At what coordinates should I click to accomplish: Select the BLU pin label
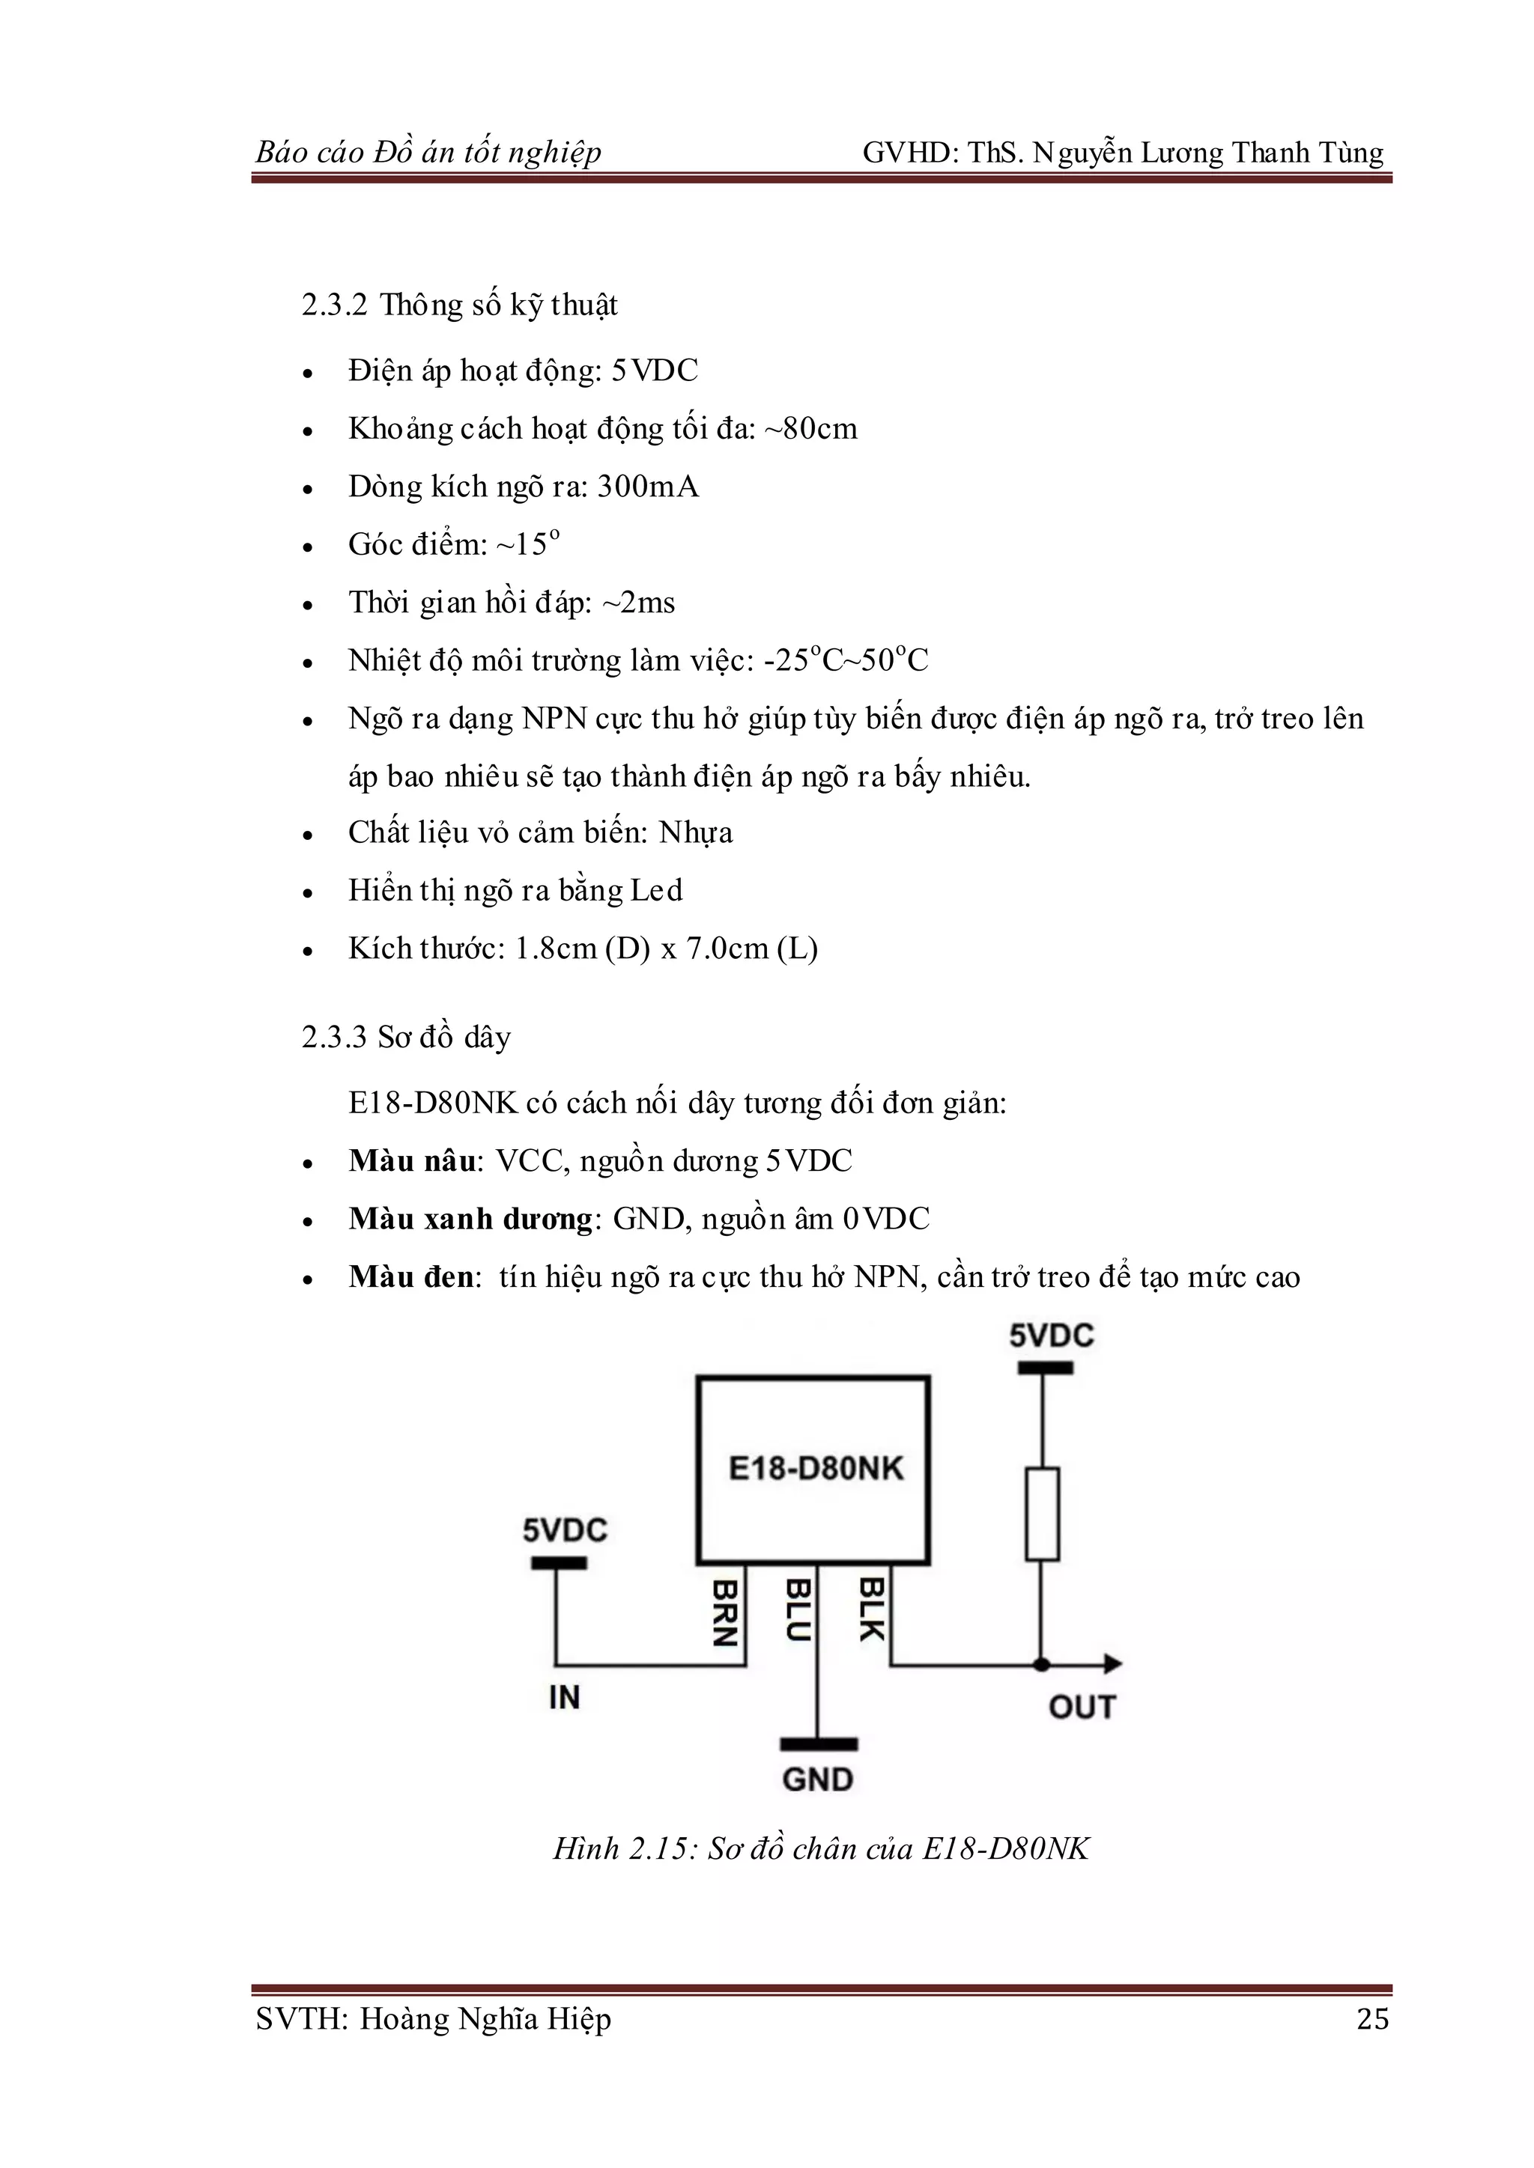798,1611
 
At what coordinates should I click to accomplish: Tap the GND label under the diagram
817,1780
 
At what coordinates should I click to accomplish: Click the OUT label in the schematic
1082,1707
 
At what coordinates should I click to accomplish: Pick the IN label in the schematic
564,1698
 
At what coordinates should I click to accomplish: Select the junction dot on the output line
1042,1665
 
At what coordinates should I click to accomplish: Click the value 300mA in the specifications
648,487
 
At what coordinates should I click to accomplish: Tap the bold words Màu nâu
412,1160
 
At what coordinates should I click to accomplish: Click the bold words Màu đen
411,1276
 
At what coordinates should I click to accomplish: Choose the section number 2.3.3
334,1037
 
